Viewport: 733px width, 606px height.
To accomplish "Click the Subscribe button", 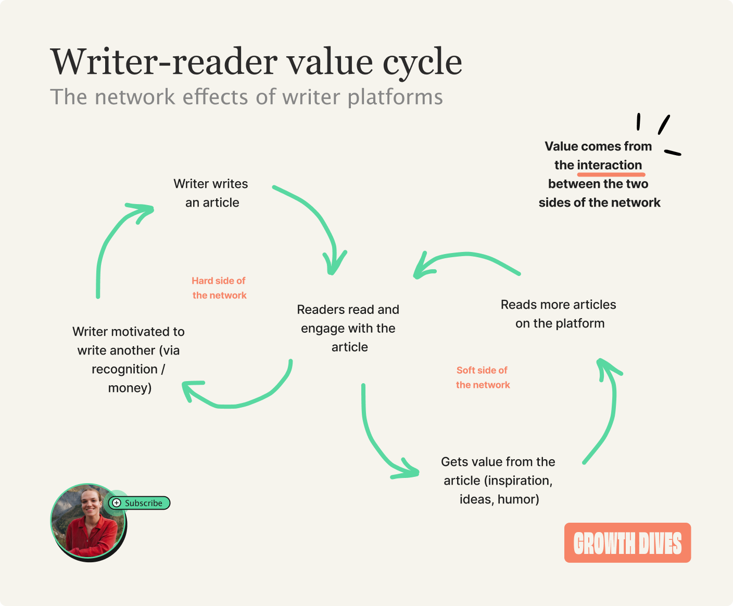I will click(x=140, y=503).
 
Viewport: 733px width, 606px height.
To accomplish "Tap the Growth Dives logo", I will click(x=627, y=543).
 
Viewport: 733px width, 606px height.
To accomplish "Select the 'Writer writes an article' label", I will click(x=211, y=193).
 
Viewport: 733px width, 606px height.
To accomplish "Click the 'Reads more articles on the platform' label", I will click(x=559, y=314).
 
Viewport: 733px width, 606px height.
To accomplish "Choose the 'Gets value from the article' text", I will click(x=498, y=480).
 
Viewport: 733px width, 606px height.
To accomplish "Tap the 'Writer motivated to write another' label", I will click(x=129, y=360).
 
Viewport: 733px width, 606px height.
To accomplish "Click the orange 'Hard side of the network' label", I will click(x=219, y=288).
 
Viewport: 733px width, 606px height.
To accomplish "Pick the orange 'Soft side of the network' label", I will click(x=483, y=377).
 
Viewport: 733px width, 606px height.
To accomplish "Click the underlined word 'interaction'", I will click(x=610, y=165).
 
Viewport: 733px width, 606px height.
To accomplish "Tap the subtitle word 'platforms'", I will click(x=395, y=97).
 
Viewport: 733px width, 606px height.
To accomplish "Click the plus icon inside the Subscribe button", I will click(x=117, y=503).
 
